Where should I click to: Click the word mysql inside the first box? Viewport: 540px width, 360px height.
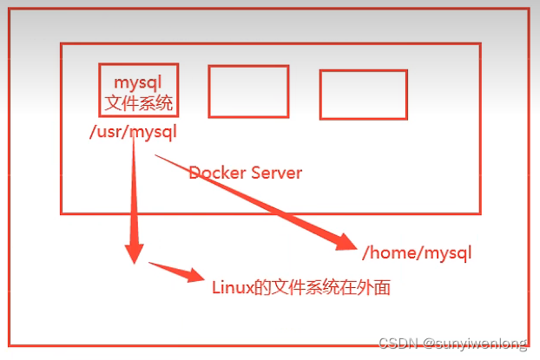click(139, 82)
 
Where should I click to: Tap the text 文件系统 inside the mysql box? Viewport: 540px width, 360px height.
click(139, 103)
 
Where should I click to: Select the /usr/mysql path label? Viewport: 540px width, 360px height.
click(133, 132)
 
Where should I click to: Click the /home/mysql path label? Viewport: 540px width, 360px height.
click(417, 253)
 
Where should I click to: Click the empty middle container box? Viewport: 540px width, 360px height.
click(248, 91)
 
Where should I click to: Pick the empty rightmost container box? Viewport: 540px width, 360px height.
click(363, 94)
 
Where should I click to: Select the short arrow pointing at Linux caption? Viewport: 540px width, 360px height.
click(178, 272)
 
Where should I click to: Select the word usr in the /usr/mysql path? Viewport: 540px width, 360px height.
click(110, 132)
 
